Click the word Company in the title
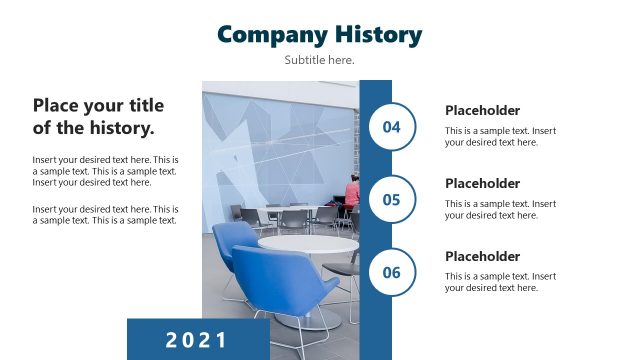point(272,34)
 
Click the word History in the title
point(378,34)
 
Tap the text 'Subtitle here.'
point(319,60)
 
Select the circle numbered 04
point(391,127)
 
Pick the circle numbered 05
point(391,199)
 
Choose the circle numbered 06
point(391,272)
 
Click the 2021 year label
point(197,340)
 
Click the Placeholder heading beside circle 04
point(482,111)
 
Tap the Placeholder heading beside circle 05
point(482,184)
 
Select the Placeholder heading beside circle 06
point(482,257)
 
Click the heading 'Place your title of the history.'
point(98,117)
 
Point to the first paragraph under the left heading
point(106,171)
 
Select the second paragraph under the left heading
point(106,215)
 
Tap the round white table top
point(307,243)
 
